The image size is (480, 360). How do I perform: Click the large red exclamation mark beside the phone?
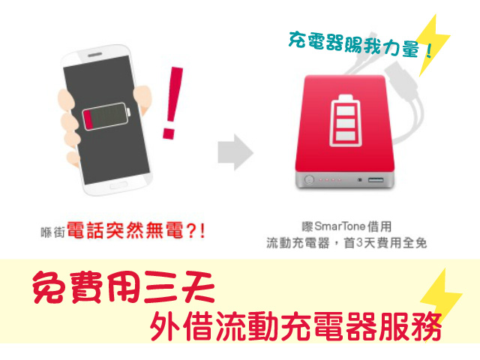pyautogui.click(x=172, y=103)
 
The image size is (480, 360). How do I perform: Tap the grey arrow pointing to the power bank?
pyautogui.click(x=235, y=152)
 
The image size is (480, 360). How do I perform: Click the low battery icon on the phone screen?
pyautogui.click(x=106, y=116)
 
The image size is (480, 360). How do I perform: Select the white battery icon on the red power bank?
pyautogui.click(x=345, y=120)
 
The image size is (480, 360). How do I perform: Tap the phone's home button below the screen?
pyautogui.click(x=118, y=185)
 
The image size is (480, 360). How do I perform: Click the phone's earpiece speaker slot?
pyautogui.click(x=95, y=55)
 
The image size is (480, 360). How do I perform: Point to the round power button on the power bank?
pyautogui.click(x=309, y=179)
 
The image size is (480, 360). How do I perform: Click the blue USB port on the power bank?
pyautogui.click(x=376, y=180)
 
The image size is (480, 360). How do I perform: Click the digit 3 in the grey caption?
pyautogui.click(x=359, y=243)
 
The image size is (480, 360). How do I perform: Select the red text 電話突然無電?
pyautogui.click(x=125, y=230)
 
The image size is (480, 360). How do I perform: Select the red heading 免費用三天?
pyautogui.click(x=123, y=286)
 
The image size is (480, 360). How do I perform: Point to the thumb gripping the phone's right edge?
pyautogui.click(x=143, y=97)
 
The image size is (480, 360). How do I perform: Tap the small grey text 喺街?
pyautogui.click(x=53, y=232)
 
